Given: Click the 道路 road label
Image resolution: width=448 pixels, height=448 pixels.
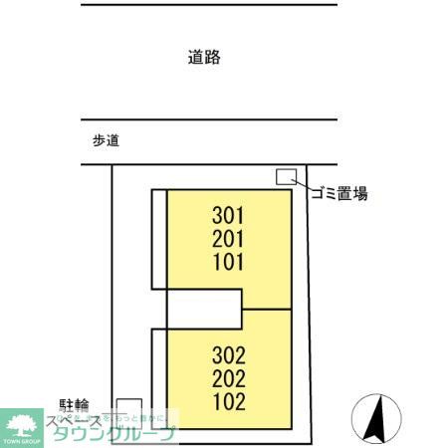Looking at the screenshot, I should click(203, 58).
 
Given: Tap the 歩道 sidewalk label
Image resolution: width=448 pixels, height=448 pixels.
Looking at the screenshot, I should click(106, 141).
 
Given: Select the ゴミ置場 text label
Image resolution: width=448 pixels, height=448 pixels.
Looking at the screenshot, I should click(339, 194).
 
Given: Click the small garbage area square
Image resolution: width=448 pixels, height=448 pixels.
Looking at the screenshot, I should click(286, 177).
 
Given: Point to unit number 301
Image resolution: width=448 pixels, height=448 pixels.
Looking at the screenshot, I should click(228, 215).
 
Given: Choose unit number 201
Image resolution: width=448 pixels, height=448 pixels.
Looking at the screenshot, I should click(228, 239).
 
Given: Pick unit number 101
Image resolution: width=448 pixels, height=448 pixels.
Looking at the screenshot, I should click(228, 263).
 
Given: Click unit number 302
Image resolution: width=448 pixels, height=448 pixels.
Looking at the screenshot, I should click(228, 355).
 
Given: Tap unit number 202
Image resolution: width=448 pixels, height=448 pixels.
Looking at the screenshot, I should click(228, 379).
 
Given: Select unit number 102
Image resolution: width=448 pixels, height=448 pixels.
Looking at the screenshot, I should click(228, 403).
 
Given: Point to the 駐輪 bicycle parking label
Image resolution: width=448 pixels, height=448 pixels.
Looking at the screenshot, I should click(75, 405).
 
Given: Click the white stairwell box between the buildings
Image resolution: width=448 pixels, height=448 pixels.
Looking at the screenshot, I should click(204, 308).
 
